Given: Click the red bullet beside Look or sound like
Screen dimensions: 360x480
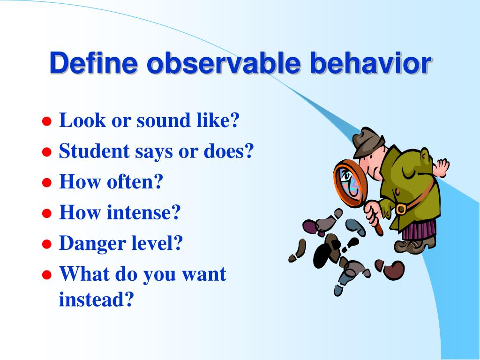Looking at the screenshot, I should coord(46,121).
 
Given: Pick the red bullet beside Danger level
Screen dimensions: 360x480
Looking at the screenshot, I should coord(46,244).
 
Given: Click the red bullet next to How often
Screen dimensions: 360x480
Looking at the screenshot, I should coord(46,183).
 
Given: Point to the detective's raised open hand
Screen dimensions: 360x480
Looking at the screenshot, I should coord(442,166).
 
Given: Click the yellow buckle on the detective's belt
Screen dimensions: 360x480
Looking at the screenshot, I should coord(400,208).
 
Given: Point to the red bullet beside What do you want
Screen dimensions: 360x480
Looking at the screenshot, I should coord(46,275).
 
